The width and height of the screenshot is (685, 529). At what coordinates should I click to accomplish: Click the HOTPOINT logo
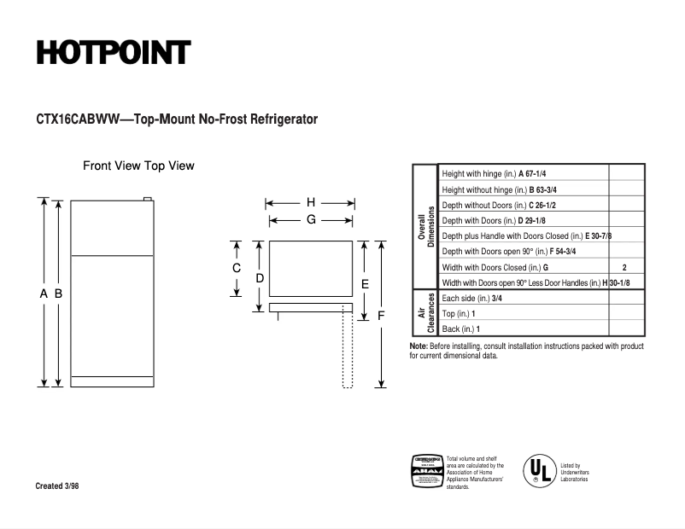pyautogui.click(x=113, y=53)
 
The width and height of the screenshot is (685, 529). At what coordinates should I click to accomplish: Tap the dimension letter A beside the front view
pyautogui.click(x=44, y=294)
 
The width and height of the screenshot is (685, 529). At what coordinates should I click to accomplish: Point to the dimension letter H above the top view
pyautogui.click(x=311, y=203)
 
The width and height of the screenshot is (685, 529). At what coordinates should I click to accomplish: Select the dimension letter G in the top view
pyautogui.click(x=312, y=219)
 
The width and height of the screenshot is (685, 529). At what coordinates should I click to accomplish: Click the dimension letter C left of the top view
pyautogui.click(x=237, y=268)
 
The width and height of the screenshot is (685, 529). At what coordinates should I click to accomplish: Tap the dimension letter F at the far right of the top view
pyautogui.click(x=381, y=315)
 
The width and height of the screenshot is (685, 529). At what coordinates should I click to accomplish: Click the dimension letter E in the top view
pyautogui.click(x=364, y=283)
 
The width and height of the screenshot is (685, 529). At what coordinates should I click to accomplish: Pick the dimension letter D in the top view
pyautogui.click(x=260, y=278)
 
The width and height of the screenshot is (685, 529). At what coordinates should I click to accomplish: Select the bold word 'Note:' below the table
pyautogui.click(x=419, y=346)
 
